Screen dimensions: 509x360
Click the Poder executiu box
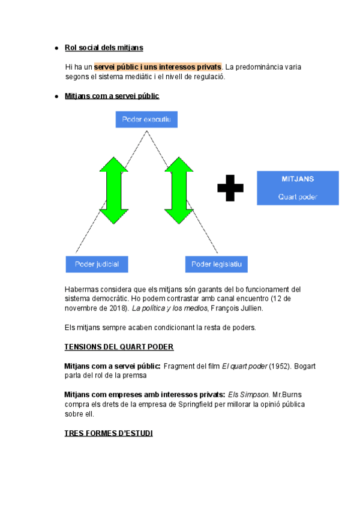[x=146, y=120]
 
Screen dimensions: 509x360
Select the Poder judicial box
[x=97, y=264]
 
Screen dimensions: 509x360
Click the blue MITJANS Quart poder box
[x=298, y=188]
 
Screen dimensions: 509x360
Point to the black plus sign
[x=230, y=188]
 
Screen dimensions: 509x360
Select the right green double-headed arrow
[x=178, y=190]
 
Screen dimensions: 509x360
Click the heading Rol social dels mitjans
[x=104, y=47]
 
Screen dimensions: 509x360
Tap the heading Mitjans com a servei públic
[x=112, y=96]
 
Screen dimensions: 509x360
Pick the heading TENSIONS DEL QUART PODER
[x=119, y=347]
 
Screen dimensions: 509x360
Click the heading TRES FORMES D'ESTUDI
[x=109, y=433]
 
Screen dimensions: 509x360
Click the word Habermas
[x=81, y=289]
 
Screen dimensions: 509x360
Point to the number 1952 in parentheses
[x=275, y=366]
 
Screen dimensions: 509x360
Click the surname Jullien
[x=248, y=309]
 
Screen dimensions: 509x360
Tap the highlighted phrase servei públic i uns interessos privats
[x=158, y=67]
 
